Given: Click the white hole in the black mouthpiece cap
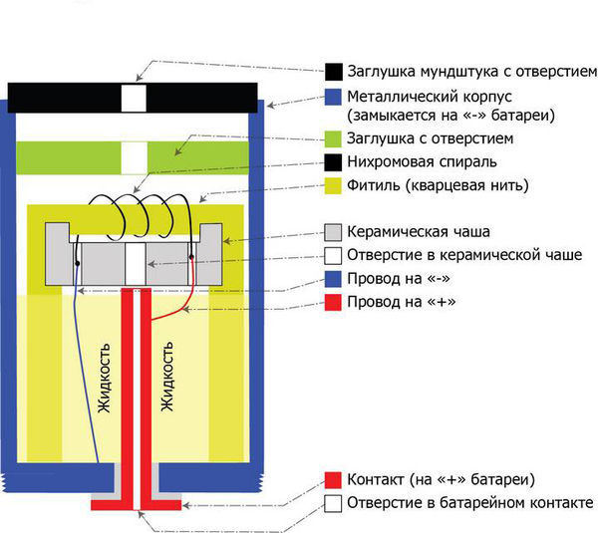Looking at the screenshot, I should (134, 98).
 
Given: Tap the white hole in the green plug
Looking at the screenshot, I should (134, 158).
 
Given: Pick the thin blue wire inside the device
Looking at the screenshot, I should (85, 379).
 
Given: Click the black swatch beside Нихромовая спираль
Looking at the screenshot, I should (334, 162).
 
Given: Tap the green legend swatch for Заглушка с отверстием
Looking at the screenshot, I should (334, 138).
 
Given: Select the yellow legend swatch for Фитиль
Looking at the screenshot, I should (334, 185).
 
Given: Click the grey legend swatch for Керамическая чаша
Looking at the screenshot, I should (334, 231).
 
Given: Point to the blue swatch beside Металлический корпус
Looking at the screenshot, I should (334, 97).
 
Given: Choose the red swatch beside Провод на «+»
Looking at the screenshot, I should (334, 301).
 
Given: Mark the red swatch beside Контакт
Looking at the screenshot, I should (334, 479).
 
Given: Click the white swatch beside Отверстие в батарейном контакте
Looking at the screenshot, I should (334, 502).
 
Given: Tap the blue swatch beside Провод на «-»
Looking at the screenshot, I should (334, 278).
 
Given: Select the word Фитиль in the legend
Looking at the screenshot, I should (374, 185).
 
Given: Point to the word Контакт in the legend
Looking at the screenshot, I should (378, 479).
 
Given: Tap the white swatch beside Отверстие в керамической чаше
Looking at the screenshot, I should (334, 255).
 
